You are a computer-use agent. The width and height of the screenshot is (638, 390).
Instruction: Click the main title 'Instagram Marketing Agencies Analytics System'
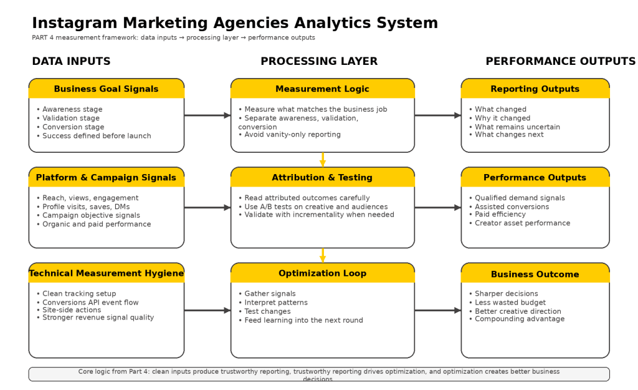(x=235, y=23)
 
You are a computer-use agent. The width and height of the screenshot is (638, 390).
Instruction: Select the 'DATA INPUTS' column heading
(x=71, y=61)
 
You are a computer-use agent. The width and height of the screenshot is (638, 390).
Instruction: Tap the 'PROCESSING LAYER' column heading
(x=319, y=61)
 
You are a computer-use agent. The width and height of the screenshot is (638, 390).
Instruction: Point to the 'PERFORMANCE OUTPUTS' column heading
(x=560, y=61)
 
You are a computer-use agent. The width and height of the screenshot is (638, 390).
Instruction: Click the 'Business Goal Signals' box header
(x=106, y=89)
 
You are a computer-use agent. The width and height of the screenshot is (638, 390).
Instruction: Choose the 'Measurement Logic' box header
(x=322, y=89)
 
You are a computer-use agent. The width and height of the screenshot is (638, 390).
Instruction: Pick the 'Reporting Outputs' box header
(x=535, y=89)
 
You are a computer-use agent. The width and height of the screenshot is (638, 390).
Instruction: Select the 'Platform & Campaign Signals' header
(x=106, y=177)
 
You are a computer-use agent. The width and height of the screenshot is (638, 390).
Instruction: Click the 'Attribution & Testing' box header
(x=322, y=177)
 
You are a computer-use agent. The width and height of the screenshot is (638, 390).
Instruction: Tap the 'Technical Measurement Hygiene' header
(x=106, y=273)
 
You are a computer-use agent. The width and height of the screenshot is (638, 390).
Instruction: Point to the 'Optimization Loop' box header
(x=322, y=273)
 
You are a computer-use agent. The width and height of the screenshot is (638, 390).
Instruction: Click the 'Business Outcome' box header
(x=535, y=274)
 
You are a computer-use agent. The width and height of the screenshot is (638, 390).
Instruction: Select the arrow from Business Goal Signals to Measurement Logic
(x=207, y=115)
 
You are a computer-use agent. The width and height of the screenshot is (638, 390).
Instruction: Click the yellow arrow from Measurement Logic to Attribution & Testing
(x=323, y=160)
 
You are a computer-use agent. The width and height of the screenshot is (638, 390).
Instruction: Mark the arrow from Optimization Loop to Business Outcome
(x=437, y=310)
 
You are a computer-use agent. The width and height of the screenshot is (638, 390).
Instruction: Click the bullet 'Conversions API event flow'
(x=91, y=303)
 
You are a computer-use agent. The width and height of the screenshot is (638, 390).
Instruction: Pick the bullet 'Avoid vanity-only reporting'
(x=292, y=135)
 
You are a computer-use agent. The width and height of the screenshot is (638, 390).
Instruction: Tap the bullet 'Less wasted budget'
(x=510, y=303)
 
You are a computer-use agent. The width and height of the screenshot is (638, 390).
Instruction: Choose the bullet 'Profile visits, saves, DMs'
(x=86, y=207)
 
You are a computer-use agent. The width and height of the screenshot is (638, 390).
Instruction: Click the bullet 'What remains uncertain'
(x=517, y=127)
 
